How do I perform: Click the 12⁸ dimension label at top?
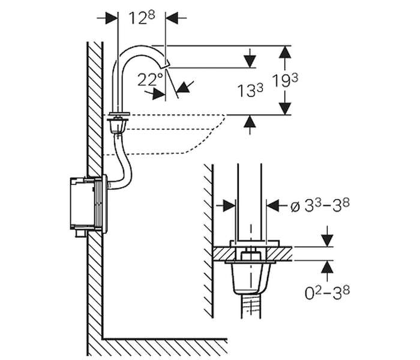[x=142, y=18]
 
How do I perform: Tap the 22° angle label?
[x=150, y=79]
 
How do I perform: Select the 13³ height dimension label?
[x=250, y=90]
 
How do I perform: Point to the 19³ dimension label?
[x=285, y=80]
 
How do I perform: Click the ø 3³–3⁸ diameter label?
[x=320, y=206]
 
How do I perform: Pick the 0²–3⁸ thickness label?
[x=328, y=293]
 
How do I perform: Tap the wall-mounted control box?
[x=88, y=204]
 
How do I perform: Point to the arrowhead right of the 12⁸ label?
[x=172, y=18]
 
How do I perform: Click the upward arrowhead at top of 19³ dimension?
[x=285, y=52]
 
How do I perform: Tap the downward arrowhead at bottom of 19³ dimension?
[x=285, y=109]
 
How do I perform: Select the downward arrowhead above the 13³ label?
[x=250, y=61]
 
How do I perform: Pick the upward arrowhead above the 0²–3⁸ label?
[x=328, y=267]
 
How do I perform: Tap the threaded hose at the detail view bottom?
[x=251, y=306]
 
